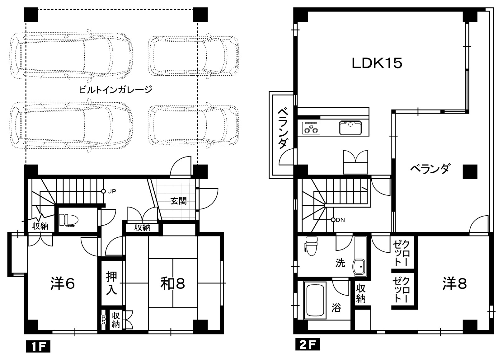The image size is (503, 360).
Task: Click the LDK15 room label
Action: pyautogui.click(x=377, y=63)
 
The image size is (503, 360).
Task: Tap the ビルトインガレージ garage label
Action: pyautogui.click(x=115, y=90)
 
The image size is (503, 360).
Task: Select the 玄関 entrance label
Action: pyautogui.click(x=179, y=201)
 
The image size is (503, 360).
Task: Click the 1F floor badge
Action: pyautogui.click(x=38, y=346)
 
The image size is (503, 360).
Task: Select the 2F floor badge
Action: pyautogui.click(x=308, y=344)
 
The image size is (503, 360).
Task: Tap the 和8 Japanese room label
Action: pyautogui.click(x=172, y=283)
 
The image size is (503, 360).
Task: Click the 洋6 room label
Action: pyautogui.click(x=63, y=283)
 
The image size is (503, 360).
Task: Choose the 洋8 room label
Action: pyautogui.click(x=455, y=283)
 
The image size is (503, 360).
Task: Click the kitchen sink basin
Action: pyautogui.click(x=350, y=128)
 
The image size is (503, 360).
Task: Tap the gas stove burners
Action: pyautogui.click(x=311, y=128)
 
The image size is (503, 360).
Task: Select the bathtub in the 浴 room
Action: pyautogui.click(x=315, y=302)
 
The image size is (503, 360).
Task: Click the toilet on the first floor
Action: pyautogui.click(x=68, y=220)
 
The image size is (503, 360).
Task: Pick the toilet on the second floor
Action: pyautogui.click(x=312, y=246)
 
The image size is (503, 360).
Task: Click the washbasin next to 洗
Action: pyautogui.click(x=360, y=267)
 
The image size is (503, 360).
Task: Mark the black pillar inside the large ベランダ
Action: pyautogui.click(x=470, y=172)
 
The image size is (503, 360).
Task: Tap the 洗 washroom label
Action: pyautogui.click(x=340, y=263)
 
